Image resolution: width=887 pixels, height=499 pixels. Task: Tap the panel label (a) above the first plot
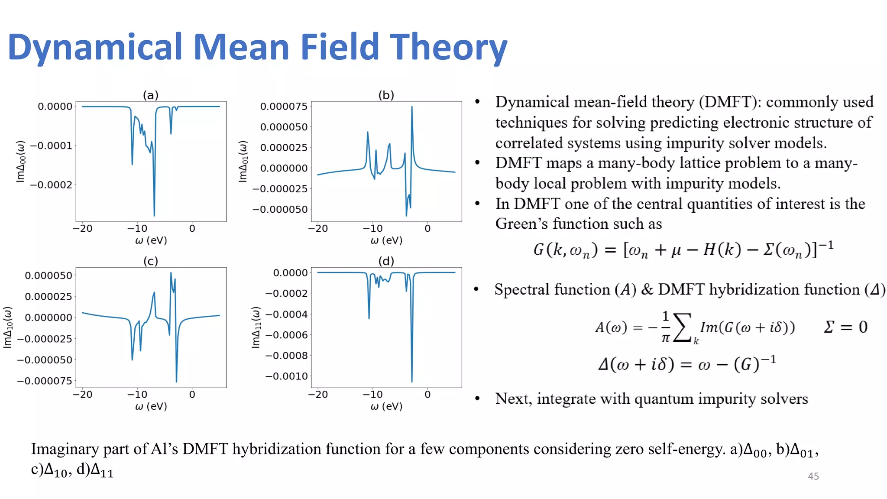[151, 95]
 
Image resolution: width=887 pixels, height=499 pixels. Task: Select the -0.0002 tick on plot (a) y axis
[51, 185]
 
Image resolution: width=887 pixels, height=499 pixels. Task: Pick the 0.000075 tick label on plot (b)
[284, 107]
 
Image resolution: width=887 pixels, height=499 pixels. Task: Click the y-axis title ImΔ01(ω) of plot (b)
[243, 161]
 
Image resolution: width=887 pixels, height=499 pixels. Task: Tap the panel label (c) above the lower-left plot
[151, 261]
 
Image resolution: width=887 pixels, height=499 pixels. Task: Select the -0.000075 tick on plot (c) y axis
[45, 381]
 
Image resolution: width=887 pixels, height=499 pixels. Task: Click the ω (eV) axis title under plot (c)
[151, 406]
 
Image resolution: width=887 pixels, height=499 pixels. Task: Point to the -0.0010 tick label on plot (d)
[286, 376]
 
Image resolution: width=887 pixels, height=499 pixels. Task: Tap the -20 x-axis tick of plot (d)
[318, 395]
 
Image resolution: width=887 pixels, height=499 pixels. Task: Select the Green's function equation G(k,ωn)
[683, 249]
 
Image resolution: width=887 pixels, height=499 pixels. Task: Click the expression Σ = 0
[845, 327]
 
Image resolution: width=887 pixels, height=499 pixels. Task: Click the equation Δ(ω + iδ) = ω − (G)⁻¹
[686, 364]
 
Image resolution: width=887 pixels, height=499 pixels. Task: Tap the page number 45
[813, 476]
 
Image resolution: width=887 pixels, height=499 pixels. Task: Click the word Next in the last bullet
[513, 399]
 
